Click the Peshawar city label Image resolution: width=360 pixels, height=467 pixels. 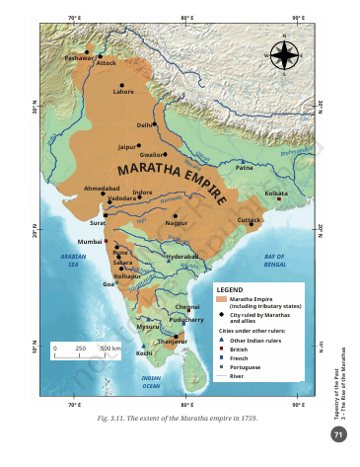[x=78, y=58]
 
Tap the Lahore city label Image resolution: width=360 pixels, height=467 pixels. [x=123, y=92]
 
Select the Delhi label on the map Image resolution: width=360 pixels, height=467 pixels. [x=145, y=125]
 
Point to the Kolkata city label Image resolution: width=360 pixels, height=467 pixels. [x=276, y=194]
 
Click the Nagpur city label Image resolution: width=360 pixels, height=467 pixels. [x=177, y=223]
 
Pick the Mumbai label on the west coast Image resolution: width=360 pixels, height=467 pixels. [x=90, y=241]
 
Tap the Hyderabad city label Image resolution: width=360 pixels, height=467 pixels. [x=182, y=256]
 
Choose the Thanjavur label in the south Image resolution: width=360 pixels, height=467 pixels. [x=173, y=342]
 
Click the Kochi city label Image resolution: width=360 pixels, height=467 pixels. [x=145, y=352]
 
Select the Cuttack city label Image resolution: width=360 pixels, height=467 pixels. [x=250, y=219]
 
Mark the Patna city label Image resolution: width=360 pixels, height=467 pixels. [x=246, y=168]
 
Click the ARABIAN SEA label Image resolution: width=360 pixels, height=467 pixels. [x=73, y=260]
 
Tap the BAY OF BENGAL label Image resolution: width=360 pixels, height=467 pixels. [x=275, y=261]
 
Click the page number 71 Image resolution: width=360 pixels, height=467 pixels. [x=338, y=434]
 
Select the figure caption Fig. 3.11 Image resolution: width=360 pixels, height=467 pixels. [x=177, y=420]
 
